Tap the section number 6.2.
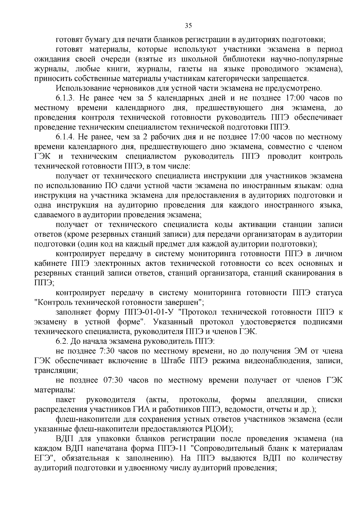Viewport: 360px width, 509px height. coord(63,341)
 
